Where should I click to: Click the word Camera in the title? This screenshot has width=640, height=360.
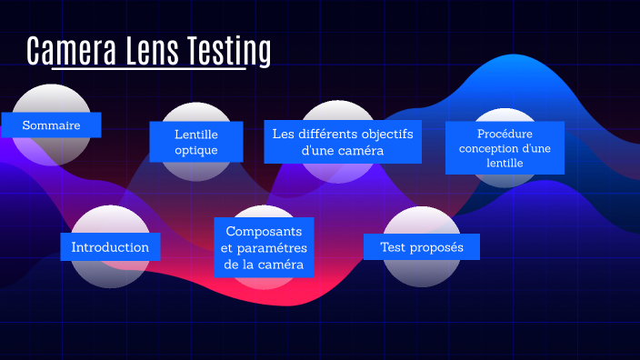point(69,52)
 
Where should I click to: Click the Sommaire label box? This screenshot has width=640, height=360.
point(51,125)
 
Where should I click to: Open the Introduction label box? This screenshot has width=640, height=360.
point(110,247)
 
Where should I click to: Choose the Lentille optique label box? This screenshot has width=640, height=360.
point(196,142)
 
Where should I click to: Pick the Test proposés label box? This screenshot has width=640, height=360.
point(421,247)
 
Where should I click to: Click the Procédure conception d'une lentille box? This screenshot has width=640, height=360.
point(505,147)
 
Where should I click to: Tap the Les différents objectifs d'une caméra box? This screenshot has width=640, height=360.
point(342,142)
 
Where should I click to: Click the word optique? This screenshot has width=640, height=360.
point(196,150)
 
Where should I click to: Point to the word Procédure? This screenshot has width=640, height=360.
point(505,133)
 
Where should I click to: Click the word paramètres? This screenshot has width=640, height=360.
point(274,248)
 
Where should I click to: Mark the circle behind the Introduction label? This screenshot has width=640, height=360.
point(110,273)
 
